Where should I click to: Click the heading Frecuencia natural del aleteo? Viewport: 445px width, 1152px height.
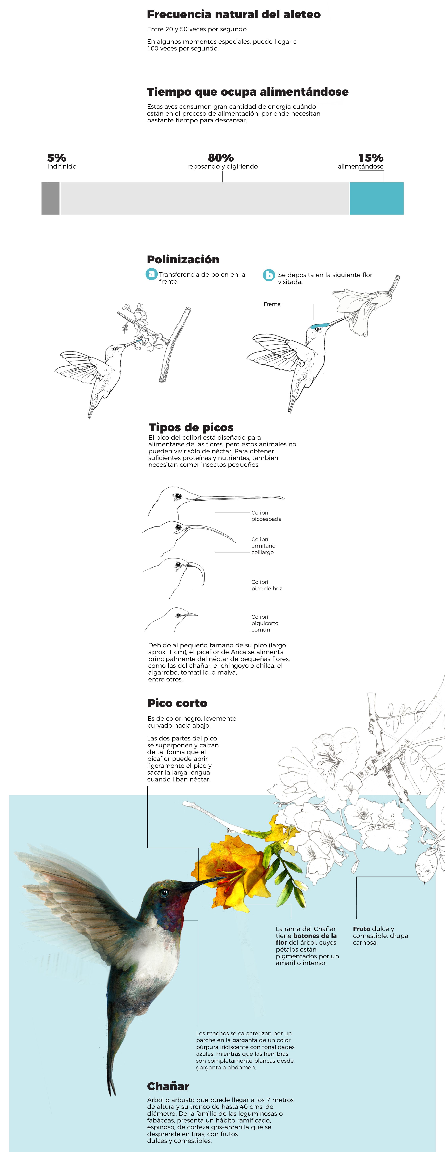[x=233, y=15]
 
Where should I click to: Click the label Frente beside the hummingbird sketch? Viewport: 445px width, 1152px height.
[x=272, y=304]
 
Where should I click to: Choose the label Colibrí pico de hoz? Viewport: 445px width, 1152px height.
[x=266, y=585]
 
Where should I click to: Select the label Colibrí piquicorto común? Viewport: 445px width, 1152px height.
[x=265, y=623]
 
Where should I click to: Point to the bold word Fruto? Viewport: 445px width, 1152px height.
[x=361, y=929]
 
